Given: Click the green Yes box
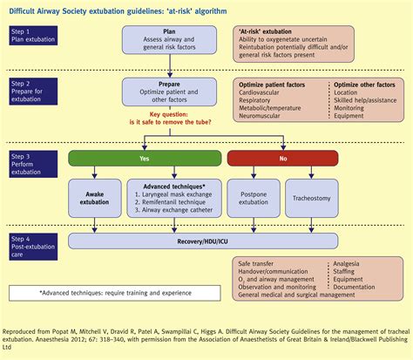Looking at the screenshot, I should coord(145,160).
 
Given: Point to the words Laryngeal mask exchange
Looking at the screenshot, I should coord(173,198).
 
